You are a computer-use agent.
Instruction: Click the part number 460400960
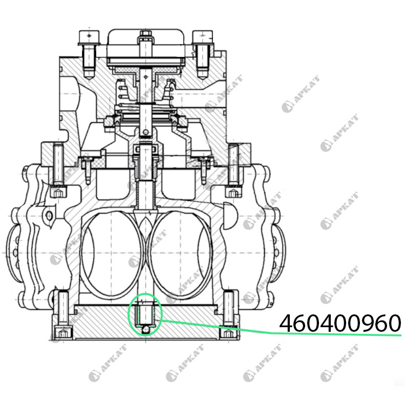340,323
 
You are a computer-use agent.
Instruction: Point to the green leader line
281,329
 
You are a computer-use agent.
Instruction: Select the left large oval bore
112,254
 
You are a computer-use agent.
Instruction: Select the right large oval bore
180,254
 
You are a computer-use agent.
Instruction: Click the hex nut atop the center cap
146,34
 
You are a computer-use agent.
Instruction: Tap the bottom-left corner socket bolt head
63,333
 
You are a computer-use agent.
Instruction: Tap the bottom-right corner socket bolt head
229,333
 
